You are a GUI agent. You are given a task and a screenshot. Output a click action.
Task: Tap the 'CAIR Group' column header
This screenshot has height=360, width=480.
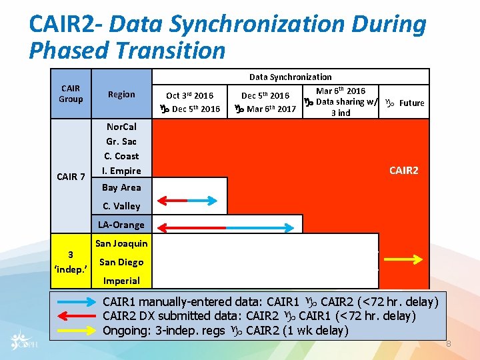(71, 93)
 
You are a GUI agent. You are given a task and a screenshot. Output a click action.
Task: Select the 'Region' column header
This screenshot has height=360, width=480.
(121, 94)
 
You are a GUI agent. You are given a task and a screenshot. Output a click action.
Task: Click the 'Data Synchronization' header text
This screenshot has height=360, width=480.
(290, 77)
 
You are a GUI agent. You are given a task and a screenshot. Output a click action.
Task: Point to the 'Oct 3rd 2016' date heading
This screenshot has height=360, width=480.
(190, 96)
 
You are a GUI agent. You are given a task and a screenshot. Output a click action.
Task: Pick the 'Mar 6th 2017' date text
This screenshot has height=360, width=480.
(271, 109)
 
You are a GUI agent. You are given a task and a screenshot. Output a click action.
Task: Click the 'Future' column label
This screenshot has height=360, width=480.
(411, 103)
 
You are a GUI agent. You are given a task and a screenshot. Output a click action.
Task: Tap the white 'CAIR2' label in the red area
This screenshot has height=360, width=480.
(404, 171)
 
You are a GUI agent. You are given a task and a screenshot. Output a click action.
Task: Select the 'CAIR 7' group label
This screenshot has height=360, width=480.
(71, 177)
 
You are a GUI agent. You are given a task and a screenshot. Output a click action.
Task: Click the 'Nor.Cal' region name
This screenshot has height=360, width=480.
(121, 127)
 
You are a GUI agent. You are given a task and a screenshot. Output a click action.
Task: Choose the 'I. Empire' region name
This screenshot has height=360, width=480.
(121, 171)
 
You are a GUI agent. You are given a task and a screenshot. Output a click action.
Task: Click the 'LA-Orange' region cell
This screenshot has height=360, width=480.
(121, 225)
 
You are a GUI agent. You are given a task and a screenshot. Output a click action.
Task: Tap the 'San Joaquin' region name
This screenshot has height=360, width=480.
(121, 243)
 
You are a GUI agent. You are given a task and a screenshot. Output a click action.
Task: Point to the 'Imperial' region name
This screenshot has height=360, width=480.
(121, 281)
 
